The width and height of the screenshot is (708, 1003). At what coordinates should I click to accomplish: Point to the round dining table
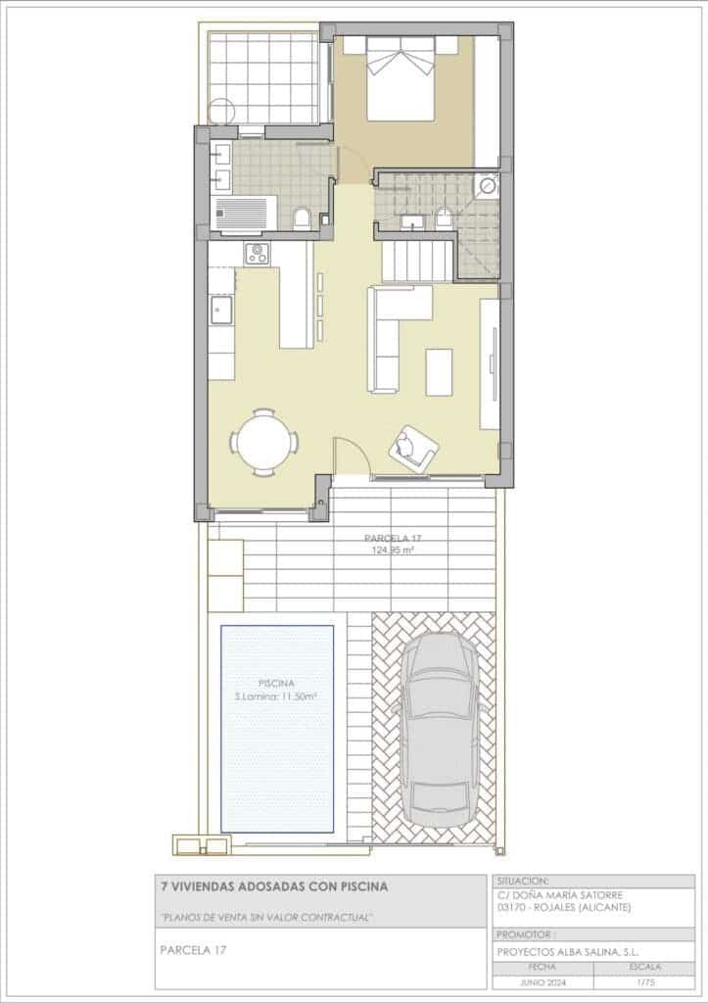pyautogui.click(x=264, y=442)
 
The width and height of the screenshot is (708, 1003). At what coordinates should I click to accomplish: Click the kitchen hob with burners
pyautogui.click(x=259, y=253)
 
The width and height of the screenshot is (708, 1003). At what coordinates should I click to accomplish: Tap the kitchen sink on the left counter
pyautogui.click(x=220, y=310)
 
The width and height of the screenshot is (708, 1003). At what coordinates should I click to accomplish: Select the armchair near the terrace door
pyautogui.click(x=414, y=448)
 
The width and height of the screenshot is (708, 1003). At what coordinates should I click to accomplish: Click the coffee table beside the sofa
pyautogui.click(x=439, y=371)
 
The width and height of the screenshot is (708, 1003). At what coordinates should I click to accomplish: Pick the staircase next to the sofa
pyautogui.click(x=418, y=261)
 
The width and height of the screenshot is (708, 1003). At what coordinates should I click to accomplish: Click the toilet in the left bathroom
pyautogui.click(x=303, y=217)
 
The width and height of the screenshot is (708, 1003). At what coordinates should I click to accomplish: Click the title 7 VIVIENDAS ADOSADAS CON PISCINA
pyautogui.click(x=273, y=886)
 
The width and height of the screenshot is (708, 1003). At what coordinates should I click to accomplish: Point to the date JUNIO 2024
pyautogui.click(x=542, y=980)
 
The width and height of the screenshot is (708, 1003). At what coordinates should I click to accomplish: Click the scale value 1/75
pyautogui.click(x=644, y=980)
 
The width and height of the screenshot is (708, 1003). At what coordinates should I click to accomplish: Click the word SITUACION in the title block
pyautogui.click(x=524, y=881)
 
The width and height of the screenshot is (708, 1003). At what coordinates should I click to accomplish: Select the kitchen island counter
pyautogui.click(x=296, y=295)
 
